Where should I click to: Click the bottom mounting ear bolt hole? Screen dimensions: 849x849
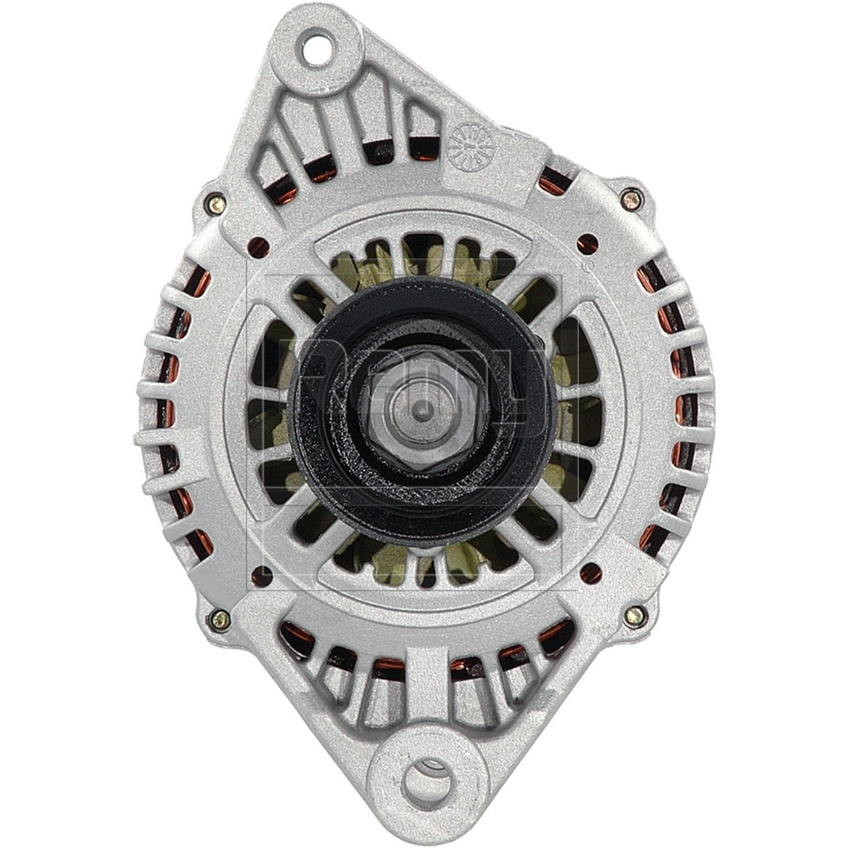click(x=427, y=783)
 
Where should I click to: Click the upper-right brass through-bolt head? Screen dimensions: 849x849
click(x=631, y=198)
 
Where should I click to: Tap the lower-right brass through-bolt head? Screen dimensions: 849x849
click(x=636, y=615)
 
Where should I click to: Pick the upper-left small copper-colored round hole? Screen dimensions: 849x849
click(x=258, y=246)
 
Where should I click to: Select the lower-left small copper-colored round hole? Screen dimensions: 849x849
click(x=261, y=576)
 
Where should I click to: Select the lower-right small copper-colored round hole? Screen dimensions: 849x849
click(x=591, y=573)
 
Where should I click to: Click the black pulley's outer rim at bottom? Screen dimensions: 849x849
click(x=422, y=529)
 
